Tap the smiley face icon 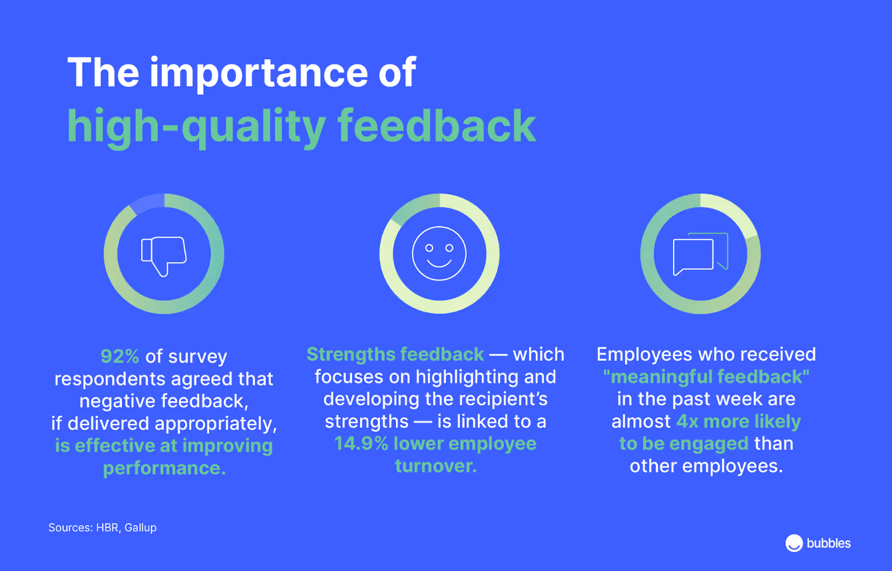click(x=439, y=254)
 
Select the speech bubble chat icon click(x=700, y=254)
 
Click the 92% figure click(x=119, y=356)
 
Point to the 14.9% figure click(x=361, y=444)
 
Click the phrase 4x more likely click(x=738, y=422)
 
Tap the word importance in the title click(x=259, y=72)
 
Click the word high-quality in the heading click(x=196, y=127)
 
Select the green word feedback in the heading click(x=437, y=127)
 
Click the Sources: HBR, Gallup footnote click(x=102, y=528)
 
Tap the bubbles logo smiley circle click(x=794, y=543)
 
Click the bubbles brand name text click(x=828, y=544)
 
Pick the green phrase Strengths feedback click(x=395, y=355)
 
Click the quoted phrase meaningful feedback click(x=706, y=377)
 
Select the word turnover click(x=435, y=466)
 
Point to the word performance click(x=164, y=468)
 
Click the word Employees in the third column click(x=644, y=355)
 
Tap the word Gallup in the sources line click(x=140, y=528)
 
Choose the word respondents click(x=109, y=379)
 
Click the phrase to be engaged click(x=683, y=444)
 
